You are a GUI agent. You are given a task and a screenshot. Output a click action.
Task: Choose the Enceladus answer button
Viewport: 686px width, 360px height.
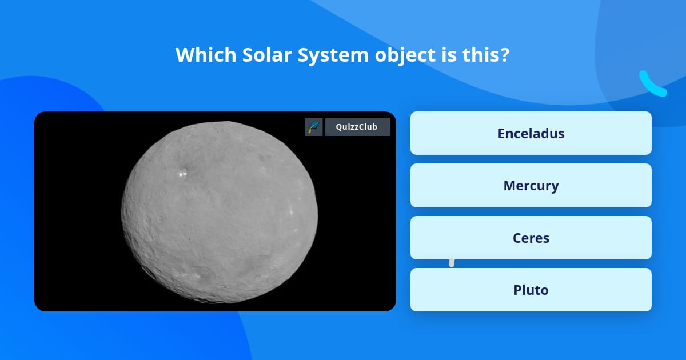tap(531, 133)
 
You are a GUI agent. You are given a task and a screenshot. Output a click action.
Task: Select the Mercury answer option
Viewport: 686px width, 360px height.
tap(531, 186)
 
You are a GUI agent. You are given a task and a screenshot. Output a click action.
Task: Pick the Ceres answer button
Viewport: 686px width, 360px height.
tap(531, 238)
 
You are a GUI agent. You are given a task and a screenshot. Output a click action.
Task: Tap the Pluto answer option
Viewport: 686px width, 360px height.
tap(531, 290)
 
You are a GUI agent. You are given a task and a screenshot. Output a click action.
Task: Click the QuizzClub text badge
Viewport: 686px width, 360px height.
tap(357, 127)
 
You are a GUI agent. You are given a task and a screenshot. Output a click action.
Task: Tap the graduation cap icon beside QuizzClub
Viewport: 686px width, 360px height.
tap(314, 127)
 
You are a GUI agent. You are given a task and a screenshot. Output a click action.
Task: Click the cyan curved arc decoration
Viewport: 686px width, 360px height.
tap(652, 85)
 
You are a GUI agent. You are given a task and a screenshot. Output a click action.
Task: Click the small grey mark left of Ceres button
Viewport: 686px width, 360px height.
tap(452, 263)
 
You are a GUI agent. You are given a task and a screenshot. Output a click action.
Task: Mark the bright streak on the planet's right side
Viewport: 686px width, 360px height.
tap(292, 210)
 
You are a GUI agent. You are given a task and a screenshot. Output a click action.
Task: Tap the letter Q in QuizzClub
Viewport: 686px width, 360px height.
tap(339, 127)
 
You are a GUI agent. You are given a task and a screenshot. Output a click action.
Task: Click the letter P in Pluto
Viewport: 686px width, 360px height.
tap(517, 290)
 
